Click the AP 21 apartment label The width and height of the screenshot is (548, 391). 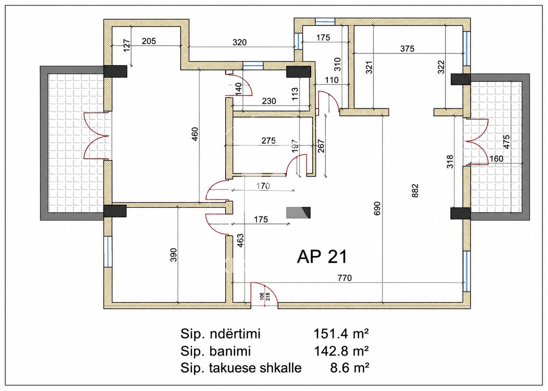[322, 257]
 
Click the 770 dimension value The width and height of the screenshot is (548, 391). [345, 278]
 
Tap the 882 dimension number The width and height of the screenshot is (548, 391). [415, 191]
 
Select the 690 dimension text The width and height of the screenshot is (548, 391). [377, 208]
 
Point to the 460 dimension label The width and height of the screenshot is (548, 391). [195, 134]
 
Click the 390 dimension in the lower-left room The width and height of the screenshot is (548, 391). [173, 255]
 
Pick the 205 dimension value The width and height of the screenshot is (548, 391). [149, 41]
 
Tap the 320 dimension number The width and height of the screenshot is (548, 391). [239, 42]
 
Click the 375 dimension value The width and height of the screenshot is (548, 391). [407, 49]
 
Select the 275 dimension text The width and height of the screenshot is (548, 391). [268, 141]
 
